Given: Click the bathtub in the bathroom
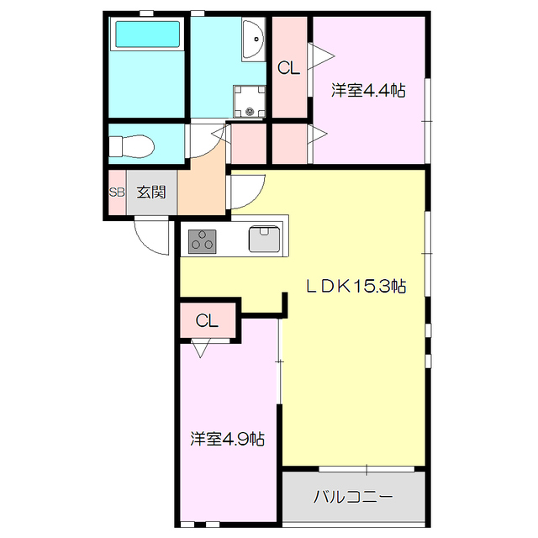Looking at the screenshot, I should [147, 35].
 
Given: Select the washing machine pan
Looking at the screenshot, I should [249, 102].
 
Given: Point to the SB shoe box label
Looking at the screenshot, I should [116, 192].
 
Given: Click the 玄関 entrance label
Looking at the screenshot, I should [152, 192].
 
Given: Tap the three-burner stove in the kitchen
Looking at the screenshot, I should [203, 241].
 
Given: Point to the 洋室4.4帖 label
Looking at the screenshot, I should [367, 90].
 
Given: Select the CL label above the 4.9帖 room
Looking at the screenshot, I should [207, 320].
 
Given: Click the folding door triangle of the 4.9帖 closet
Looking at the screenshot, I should [201, 348].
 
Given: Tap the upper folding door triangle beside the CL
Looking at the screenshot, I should [322, 57].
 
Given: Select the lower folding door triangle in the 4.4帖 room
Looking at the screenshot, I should [321, 133].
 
